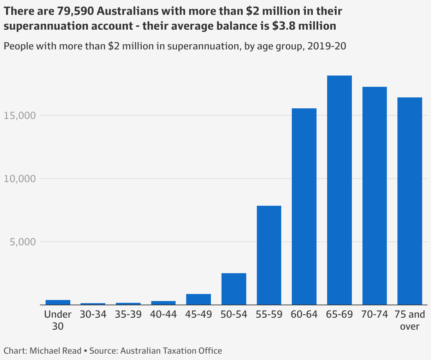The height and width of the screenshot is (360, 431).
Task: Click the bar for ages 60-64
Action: click(x=304, y=206)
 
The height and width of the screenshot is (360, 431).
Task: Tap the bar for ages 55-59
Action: click(x=269, y=255)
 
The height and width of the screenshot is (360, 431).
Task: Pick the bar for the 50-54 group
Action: click(x=234, y=289)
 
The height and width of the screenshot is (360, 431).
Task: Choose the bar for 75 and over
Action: click(x=410, y=201)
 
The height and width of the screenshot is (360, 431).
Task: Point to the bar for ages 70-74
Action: click(x=374, y=196)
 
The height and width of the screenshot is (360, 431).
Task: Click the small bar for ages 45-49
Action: click(x=199, y=299)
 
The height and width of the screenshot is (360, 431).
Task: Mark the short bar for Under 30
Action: click(x=58, y=302)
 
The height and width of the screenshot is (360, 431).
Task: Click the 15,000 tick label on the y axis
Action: click(x=20, y=116)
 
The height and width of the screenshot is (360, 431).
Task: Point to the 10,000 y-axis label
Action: click(x=20, y=179)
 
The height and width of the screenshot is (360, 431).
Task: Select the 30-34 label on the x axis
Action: click(x=93, y=314)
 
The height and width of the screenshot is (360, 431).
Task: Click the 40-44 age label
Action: click(x=163, y=314)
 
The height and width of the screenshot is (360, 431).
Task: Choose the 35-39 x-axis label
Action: click(x=128, y=314)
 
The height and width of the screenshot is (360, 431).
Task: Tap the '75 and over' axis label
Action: click(x=410, y=320)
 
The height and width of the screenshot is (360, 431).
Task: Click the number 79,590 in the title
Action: click(x=76, y=11)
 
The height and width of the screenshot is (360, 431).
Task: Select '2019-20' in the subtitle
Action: click(x=326, y=46)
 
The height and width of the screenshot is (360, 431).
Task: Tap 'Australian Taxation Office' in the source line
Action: click(x=171, y=351)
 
